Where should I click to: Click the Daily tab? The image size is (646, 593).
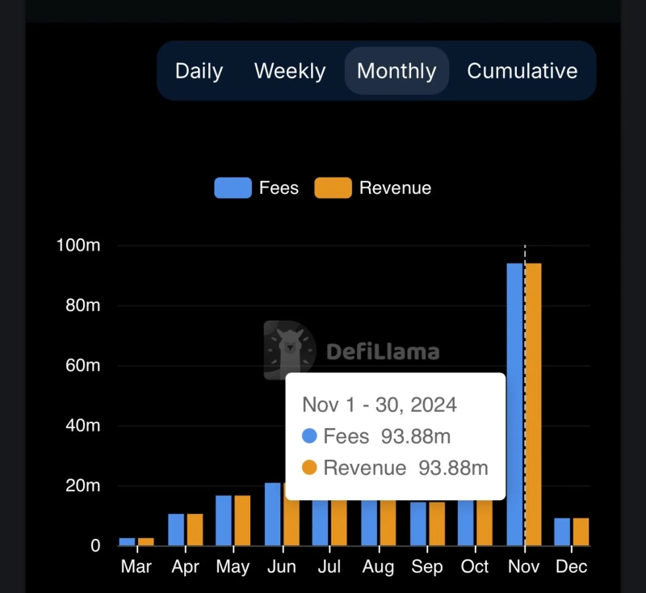199,71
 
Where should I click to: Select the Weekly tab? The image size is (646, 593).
290,71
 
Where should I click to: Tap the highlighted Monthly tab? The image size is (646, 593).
396,71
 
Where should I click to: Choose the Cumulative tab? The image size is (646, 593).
522,71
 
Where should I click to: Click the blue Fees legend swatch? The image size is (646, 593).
233,188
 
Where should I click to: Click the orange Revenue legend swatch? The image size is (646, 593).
333,188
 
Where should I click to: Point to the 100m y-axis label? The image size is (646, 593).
78,246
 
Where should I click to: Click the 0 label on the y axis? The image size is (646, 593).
94,546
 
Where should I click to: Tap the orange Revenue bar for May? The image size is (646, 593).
241,521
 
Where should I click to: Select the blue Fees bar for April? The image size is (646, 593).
176,530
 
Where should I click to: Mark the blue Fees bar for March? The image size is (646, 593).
128,541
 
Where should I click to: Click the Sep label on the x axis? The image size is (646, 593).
426,566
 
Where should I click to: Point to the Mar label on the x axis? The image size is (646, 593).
136,566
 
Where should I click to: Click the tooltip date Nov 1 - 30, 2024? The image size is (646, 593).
380,404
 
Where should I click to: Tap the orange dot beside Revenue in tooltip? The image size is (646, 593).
309,468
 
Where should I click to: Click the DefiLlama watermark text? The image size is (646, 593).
383,351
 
